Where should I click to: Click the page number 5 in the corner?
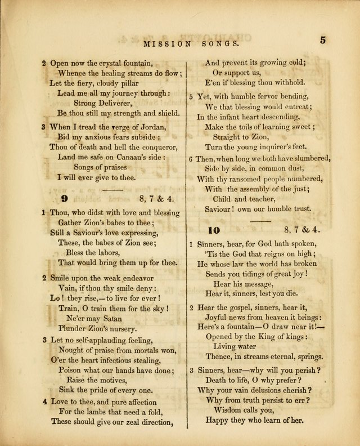point(323,40)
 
